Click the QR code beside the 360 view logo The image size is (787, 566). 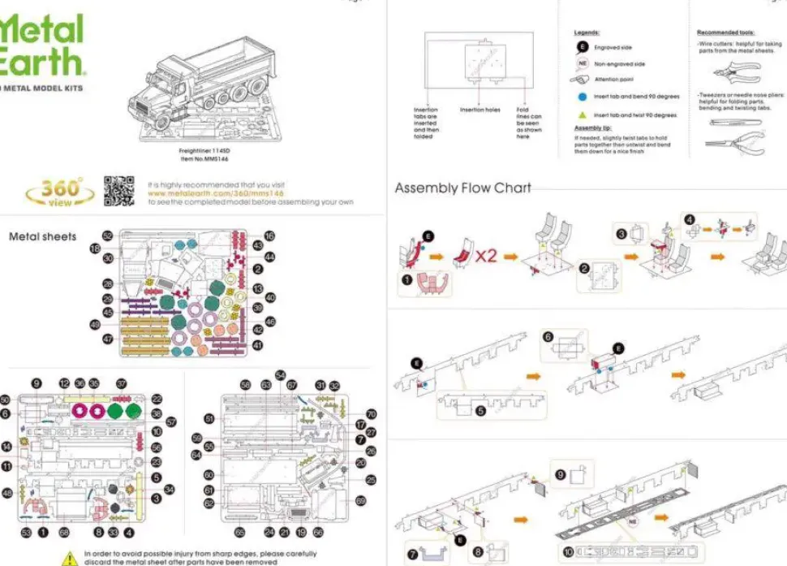[x=119, y=192]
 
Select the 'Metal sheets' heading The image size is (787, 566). [x=42, y=237]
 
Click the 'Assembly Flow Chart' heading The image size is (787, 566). [x=462, y=188]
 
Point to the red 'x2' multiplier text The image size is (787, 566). [x=486, y=255]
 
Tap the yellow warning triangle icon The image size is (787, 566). [x=71, y=558]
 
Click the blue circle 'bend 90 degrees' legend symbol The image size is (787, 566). [x=582, y=97]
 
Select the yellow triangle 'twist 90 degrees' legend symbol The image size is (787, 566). [x=582, y=114]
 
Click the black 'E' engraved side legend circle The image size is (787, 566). [x=582, y=48]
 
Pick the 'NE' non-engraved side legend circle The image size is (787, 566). [x=582, y=63]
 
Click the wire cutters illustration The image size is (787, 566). [x=741, y=71]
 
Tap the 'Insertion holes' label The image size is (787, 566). [x=480, y=110]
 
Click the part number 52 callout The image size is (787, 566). [x=107, y=235]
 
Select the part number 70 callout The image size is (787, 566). [x=372, y=414]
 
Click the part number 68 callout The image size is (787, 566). [x=64, y=533]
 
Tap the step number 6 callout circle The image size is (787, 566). [x=548, y=337]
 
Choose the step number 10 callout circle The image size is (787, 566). [x=569, y=552]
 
